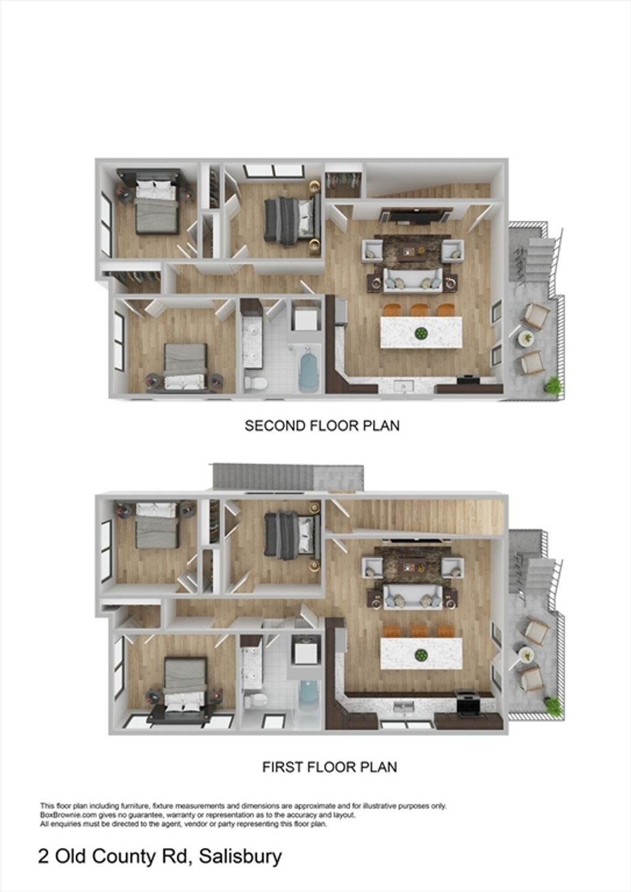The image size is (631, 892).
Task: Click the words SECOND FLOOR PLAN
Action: [322, 426]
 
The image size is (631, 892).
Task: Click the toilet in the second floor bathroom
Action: [256, 384]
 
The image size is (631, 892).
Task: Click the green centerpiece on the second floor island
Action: [420, 333]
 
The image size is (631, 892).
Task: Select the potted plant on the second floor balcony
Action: [553, 384]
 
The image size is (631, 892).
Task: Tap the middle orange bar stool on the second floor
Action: [418, 309]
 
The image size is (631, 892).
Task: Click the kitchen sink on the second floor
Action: [404, 386]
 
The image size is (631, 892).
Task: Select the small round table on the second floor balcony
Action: [527, 338]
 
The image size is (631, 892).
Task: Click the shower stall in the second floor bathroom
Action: [305, 315]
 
